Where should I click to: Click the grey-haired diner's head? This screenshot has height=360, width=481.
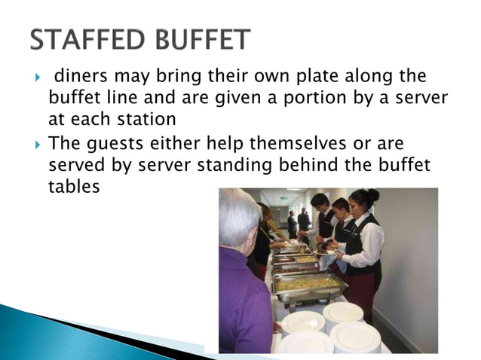click(x=240, y=218)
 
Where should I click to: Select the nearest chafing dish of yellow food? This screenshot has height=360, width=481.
click(x=308, y=285)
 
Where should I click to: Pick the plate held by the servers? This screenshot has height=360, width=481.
click(x=326, y=252)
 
